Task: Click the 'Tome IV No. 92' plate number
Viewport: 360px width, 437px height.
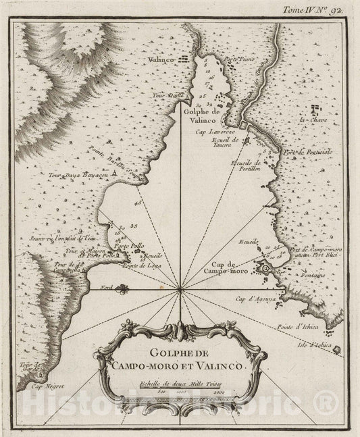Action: coord(317,9)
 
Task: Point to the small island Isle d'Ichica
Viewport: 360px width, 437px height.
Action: coord(336,352)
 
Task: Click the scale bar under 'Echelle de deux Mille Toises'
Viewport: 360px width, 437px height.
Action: coord(178,396)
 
